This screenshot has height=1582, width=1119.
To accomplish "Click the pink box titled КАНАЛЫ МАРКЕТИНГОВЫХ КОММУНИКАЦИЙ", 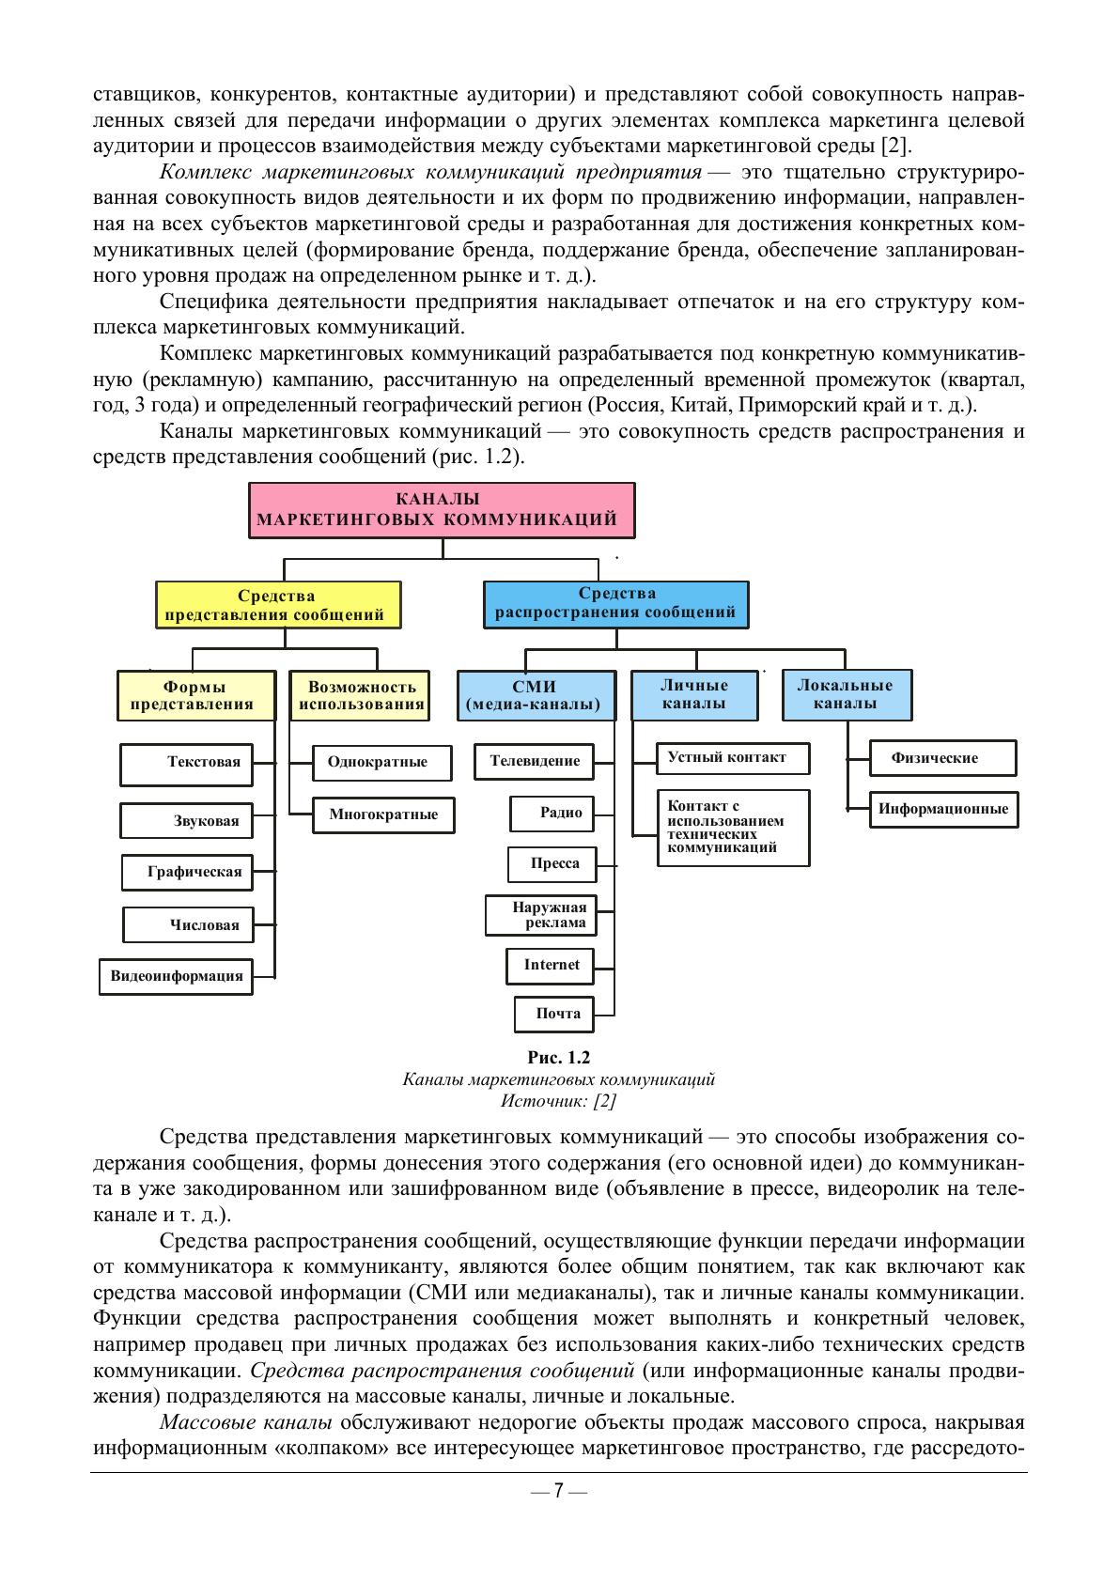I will (441, 510).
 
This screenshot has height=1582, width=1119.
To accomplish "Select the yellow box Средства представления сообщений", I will (277, 605).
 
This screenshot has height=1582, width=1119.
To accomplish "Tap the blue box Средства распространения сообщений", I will (615, 603).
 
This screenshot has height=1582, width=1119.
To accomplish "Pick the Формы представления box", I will (195, 695).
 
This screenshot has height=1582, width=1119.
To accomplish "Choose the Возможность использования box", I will (359, 695).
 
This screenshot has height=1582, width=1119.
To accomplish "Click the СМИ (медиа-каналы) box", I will (535, 695).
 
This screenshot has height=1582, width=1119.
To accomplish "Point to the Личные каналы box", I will (693, 694).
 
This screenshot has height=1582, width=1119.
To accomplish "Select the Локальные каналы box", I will (845, 694).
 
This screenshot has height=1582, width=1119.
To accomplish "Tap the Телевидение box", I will (535, 761).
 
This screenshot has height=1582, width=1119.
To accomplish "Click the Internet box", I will (551, 965).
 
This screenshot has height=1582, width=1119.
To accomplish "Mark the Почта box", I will (555, 1014).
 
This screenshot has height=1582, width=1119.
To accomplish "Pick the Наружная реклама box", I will (540, 915).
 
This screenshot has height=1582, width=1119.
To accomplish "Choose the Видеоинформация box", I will (177, 975).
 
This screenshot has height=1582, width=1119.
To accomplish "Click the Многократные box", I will (382, 814).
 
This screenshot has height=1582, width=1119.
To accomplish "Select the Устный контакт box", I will (732, 757).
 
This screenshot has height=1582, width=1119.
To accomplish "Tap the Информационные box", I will (942, 809).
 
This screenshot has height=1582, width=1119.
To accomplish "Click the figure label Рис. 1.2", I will (558, 1057).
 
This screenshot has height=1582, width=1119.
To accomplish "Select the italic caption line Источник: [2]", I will (558, 1100).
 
